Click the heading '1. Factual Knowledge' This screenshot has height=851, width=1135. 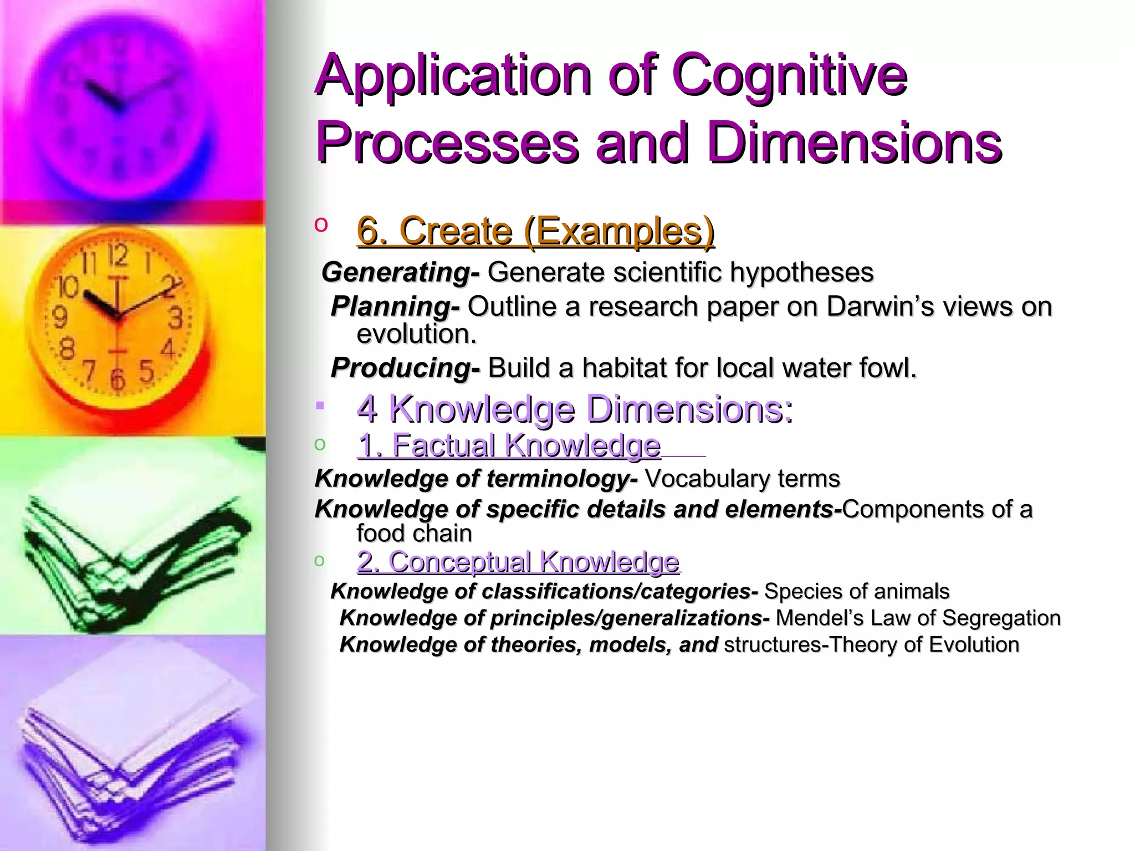click(509, 445)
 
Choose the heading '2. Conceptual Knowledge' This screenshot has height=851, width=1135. click(518, 562)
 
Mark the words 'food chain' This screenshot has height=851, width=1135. click(414, 534)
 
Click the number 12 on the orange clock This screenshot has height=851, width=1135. click(118, 256)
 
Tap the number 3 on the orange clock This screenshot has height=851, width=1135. click(176, 318)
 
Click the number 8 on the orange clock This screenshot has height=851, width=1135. click(67, 350)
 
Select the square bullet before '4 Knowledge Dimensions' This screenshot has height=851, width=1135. click(320, 406)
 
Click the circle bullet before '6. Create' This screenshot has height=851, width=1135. click(320, 224)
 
